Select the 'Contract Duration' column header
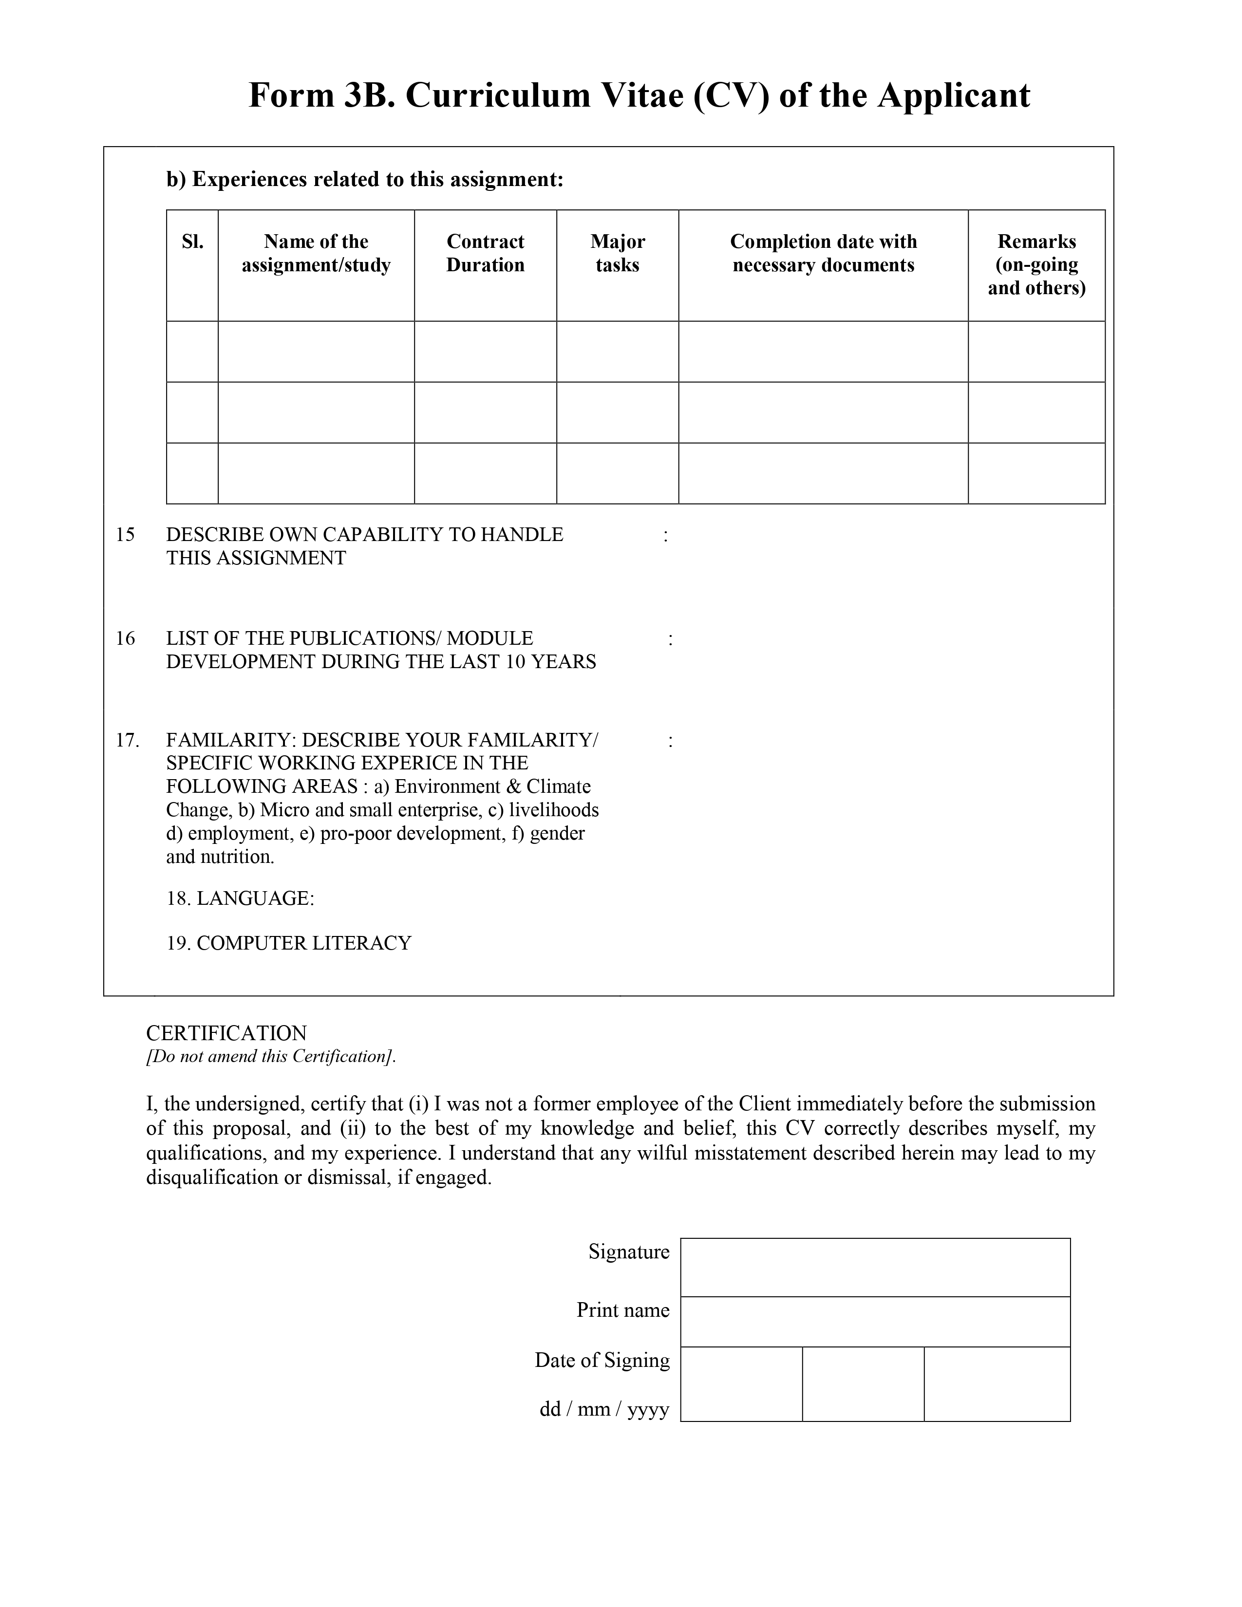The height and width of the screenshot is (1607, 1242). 485,253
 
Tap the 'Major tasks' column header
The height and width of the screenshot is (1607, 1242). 617,253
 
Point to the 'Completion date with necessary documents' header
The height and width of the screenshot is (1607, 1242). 823,253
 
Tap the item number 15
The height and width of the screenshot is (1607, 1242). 126,535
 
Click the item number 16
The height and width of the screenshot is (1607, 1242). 126,639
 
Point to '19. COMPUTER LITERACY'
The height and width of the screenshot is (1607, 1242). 288,943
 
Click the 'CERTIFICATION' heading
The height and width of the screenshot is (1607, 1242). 226,1033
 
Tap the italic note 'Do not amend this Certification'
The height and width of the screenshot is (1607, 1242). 271,1057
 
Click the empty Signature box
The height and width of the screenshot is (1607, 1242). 875,1267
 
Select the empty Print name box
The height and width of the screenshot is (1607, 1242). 875,1322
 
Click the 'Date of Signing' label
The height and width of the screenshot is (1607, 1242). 602,1361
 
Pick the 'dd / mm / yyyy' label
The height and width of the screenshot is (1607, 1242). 604,1409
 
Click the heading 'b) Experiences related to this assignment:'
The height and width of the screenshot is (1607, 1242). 365,180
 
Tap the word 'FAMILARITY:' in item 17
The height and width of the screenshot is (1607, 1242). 231,740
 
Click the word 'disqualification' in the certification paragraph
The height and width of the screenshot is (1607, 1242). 212,1178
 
